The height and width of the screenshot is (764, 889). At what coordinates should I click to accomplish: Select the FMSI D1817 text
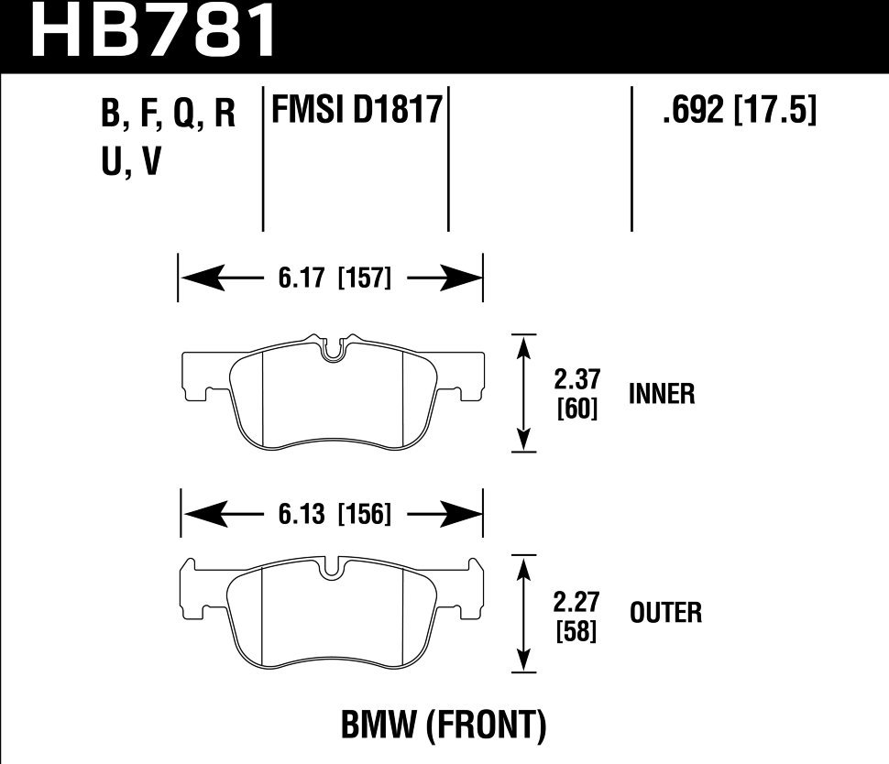[357, 114]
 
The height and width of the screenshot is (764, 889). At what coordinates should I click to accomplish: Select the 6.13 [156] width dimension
[332, 515]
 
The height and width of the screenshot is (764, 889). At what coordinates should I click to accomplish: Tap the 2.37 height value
[577, 380]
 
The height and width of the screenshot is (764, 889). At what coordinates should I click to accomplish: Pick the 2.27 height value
[577, 603]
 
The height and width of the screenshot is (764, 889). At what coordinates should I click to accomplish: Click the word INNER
[662, 395]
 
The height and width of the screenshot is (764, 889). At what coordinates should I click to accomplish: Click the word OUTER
[665, 613]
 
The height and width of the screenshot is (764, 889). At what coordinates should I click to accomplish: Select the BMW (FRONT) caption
[444, 727]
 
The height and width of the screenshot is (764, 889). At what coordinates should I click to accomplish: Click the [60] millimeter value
[577, 409]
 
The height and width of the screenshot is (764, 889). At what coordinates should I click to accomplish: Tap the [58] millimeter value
[577, 631]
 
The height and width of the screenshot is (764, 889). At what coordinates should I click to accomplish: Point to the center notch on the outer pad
[334, 568]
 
